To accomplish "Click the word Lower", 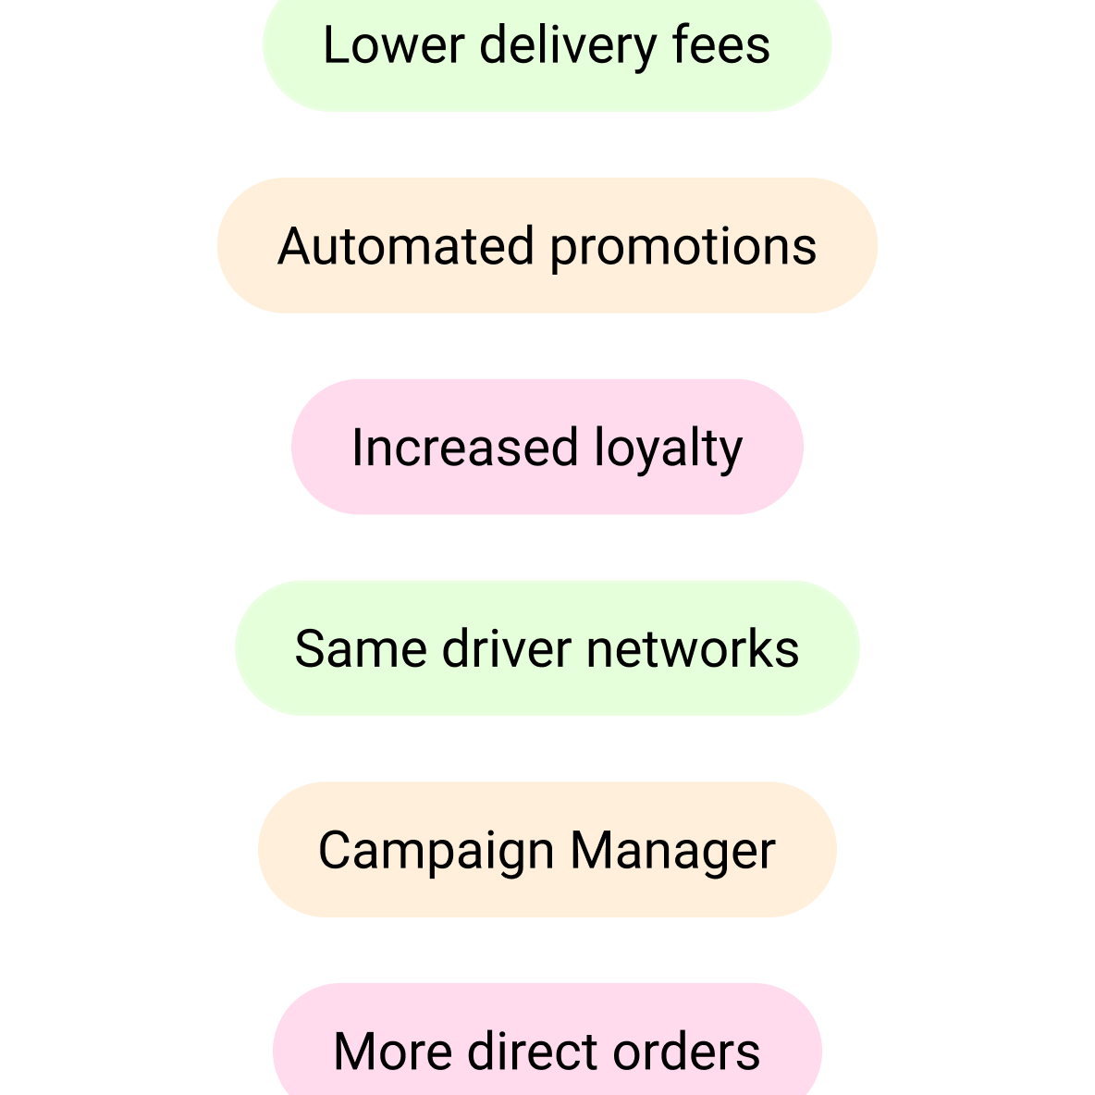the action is (x=394, y=45).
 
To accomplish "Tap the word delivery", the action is (x=568, y=48).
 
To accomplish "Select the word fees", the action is (x=720, y=44).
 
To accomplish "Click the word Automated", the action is (x=406, y=246).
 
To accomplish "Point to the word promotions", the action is (x=683, y=250).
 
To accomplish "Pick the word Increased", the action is (x=465, y=448).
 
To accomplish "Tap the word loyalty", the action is (x=669, y=450).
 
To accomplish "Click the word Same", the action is (x=361, y=648).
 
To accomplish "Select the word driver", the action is (x=506, y=648).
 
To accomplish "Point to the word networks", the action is (x=693, y=648).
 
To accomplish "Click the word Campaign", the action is (x=437, y=853).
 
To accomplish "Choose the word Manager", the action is (x=673, y=853).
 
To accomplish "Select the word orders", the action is (x=686, y=1051).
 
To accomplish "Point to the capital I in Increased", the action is (x=357, y=448).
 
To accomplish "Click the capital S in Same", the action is (x=310, y=648).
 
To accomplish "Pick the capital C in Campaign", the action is (x=334, y=850).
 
